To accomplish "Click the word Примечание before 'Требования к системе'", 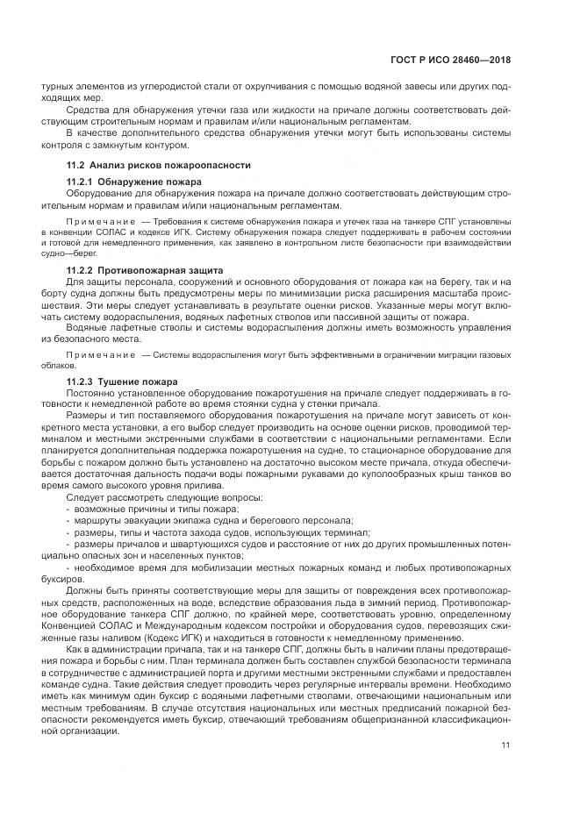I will (99, 223).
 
